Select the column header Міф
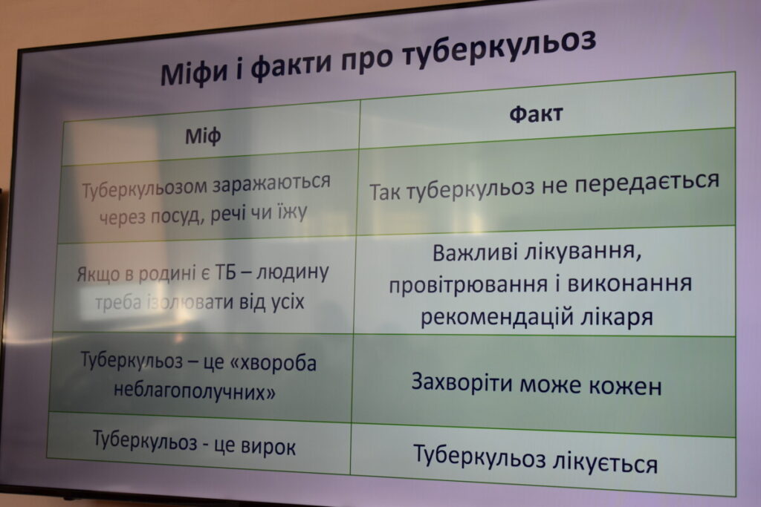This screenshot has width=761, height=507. click(x=203, y=136)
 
